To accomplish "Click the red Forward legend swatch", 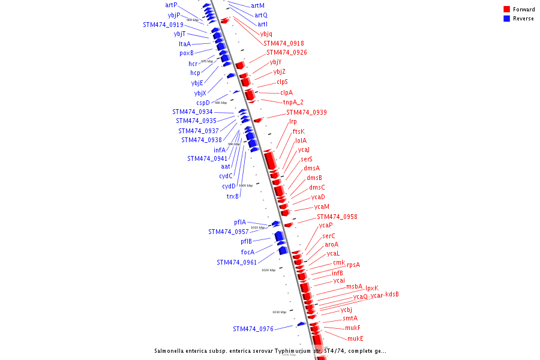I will coord(507,10).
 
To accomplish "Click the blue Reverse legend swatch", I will coord(507,19).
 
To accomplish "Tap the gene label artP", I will coord(171,5).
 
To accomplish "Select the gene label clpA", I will coord(286,92).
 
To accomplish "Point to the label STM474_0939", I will coord(306,112).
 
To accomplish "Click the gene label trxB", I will coord(232,196).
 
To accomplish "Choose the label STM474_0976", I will coord(253,329).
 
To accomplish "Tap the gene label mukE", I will coord(355,338).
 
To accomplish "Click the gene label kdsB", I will coord(392,294).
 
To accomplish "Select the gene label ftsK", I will coord(298,131).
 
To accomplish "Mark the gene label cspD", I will coord(203,103).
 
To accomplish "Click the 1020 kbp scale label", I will coord(268,270).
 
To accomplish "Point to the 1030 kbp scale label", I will coord(279,312).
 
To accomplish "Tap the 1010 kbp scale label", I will coord(257,227).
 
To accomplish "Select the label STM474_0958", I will coord(337,217).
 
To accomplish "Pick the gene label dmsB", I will coord(314,178).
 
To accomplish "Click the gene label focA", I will coord(247,252).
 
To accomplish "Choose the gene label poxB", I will coord(186,53).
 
